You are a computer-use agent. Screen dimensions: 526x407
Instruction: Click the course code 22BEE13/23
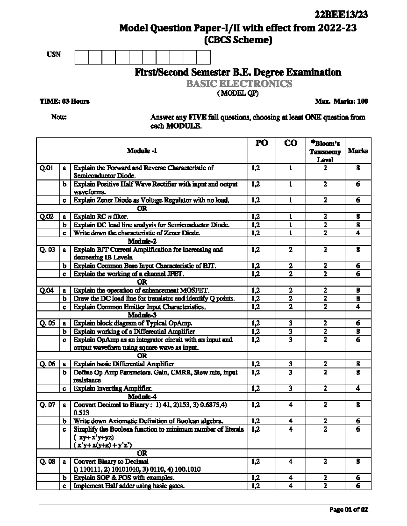(x=341, y=15)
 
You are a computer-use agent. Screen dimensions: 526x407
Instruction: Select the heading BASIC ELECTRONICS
(x=239, y=84)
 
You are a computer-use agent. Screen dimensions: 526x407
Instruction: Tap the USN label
(x=54, y=55)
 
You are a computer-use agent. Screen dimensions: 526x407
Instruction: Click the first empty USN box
(x=81, y=57)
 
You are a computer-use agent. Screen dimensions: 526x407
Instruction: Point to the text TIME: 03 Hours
(x=64, y=101)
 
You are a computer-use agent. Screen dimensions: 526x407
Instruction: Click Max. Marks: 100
(x=341, y=101)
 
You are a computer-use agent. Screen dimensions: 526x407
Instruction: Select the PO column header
(x=261, y=143)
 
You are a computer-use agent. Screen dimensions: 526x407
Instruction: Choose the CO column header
(x=291, y=143)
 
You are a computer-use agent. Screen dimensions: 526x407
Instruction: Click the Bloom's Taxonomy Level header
(x=325, y=151)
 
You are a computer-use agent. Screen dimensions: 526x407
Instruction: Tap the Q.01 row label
(x=46, y=168)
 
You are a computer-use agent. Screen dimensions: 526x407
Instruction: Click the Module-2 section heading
(x=142, y=241)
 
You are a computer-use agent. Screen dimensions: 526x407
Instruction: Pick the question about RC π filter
(x=101, y=217)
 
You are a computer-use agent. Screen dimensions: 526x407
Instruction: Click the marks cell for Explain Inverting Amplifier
(x=358, y=388)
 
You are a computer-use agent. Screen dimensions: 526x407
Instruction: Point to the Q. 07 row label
(x=47, y=405)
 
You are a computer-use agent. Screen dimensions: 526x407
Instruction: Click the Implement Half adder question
(x=129, y=486)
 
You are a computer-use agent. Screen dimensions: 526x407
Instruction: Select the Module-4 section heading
(x=142, y=397)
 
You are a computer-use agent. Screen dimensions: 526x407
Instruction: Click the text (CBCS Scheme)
(x=238, y=40)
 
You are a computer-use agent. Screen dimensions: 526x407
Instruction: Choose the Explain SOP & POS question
(x=124, y=478)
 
